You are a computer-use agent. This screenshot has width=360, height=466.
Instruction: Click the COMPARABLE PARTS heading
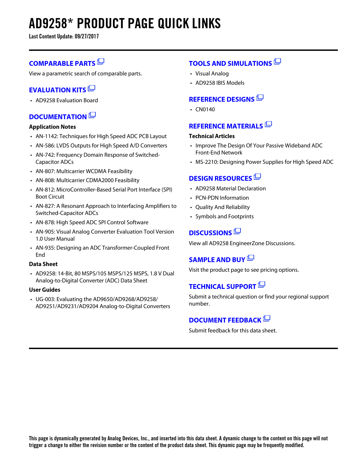[62, 64]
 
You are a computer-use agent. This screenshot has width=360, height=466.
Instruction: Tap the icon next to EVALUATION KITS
[91, 88]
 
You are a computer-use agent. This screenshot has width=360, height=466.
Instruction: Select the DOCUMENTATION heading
[58, 117]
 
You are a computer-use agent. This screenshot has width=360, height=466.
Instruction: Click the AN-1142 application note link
[101, 136]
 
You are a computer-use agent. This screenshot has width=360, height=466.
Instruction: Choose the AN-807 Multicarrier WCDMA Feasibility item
[84, 171]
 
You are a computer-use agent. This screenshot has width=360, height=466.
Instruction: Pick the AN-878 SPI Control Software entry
[92, 223]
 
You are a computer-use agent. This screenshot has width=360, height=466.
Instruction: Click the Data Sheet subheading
[43, 264]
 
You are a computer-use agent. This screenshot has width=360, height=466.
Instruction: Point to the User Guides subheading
[45, 290]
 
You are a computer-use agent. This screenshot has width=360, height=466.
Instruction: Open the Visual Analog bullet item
[212, 74]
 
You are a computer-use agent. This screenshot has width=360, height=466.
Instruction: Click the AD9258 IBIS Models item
[220, 83]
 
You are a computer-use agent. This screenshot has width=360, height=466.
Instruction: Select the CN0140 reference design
[205, 110]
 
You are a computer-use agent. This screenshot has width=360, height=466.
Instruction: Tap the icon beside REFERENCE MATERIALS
[268, 124]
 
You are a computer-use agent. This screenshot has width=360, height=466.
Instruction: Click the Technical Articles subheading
[212, 136]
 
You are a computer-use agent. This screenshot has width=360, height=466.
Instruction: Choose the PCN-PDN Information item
[222, 198]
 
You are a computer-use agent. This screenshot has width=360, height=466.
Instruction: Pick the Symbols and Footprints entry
[224, 217]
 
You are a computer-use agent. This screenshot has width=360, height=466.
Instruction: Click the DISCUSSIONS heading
[210, 233]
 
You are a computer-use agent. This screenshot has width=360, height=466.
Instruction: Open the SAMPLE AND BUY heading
[217, 260]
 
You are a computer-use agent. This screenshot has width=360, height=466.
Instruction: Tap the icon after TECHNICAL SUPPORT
[261, 285]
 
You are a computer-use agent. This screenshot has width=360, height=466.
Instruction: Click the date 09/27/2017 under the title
[87, 36]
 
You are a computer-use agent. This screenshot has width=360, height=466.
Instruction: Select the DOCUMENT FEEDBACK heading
[225, 320]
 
